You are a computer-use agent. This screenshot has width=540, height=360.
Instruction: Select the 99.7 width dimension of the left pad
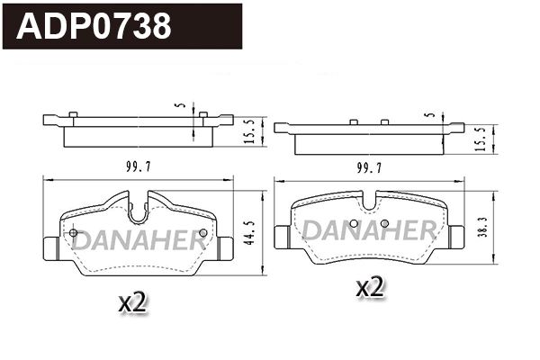click(x=138, y=165)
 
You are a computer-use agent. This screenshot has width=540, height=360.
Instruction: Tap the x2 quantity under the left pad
click(x=132, y=303)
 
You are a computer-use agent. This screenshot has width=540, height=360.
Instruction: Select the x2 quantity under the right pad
click(x=371, y=288)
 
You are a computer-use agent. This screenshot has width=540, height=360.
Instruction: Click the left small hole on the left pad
click(x=73, y=233)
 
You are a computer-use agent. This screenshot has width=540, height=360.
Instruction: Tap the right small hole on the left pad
click(x=202, y=233)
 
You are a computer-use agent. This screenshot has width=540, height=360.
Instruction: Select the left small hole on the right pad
click(x=354, y=223)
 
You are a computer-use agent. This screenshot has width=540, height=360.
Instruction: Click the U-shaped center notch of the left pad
click(x=138, y=213)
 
